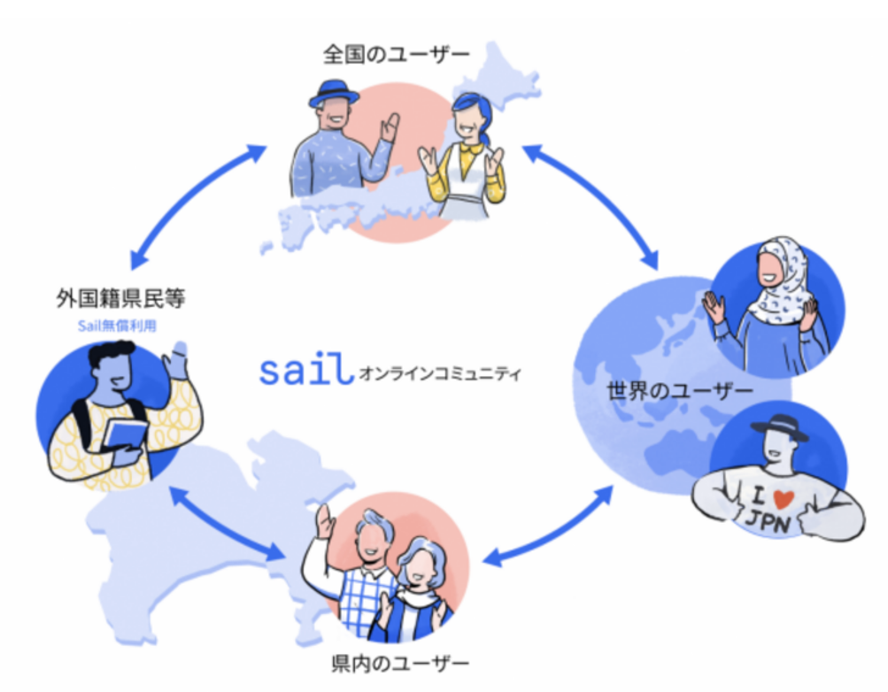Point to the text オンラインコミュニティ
[x=441, y=373]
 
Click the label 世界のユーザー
[x=680, y=389]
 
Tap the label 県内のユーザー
[x=395, y=662]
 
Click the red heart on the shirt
[x=771, y=498]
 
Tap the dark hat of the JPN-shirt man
[x=779, y=428]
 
